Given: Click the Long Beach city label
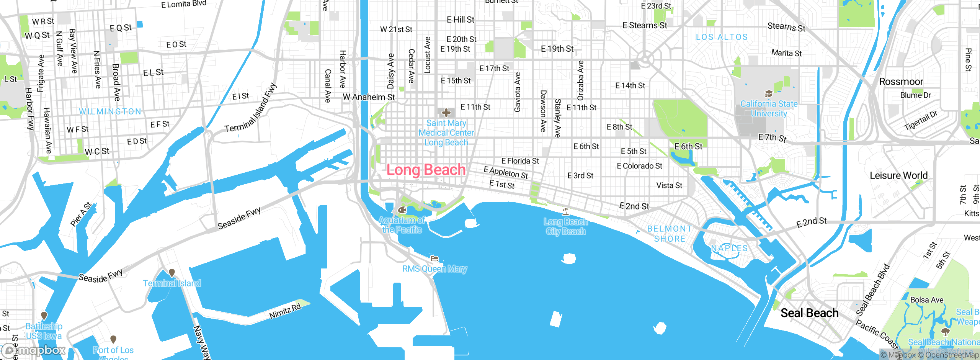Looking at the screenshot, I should [x=426, y=170].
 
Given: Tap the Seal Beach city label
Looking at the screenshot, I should [x=809, y=313].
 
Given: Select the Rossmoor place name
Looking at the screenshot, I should [x=901, y=82].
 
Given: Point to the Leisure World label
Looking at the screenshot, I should [x=898, y=175].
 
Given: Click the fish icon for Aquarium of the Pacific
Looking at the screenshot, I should [x=402, y=210].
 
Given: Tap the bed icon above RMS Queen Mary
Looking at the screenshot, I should [x=434, y=259].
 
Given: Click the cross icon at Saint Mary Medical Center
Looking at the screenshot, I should [x=446, y=113].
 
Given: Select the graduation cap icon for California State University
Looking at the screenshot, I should [x=768, y=94].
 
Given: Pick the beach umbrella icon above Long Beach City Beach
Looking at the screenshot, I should [x=565, y=211].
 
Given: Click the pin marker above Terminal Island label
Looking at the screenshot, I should [x=172, y=273].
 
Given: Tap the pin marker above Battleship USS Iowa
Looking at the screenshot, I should [x=44, y=316].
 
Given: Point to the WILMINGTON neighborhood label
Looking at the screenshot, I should [x=110, y=111].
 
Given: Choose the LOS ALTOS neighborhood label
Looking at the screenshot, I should [x=722, y=37].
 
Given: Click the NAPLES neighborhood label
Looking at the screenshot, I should [x=729, y=248].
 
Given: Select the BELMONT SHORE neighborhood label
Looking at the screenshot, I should [x=670, y=234].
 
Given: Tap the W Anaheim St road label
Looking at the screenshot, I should [x=369, y=97].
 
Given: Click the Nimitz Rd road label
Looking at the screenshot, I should [x=285, y=311].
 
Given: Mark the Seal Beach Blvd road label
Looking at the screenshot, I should [x=873, y=290].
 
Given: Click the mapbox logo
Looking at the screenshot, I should [x=34, y=350].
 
